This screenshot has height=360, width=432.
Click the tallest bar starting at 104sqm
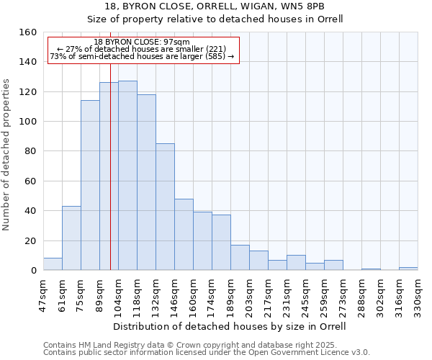click(127, 176)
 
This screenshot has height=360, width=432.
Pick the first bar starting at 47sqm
click(53, 264)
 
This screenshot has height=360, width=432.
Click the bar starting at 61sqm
click(71, 238)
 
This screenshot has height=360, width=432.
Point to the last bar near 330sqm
click(408, 269)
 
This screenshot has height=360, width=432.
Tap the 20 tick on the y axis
click(30, 241)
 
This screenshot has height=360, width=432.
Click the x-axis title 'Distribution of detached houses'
click(230, 326)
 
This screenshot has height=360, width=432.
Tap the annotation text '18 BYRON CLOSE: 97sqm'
click(142, 42)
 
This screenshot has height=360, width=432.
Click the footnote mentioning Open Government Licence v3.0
click(207, 353)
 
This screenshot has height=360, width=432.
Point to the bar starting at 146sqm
click(184, 234)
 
